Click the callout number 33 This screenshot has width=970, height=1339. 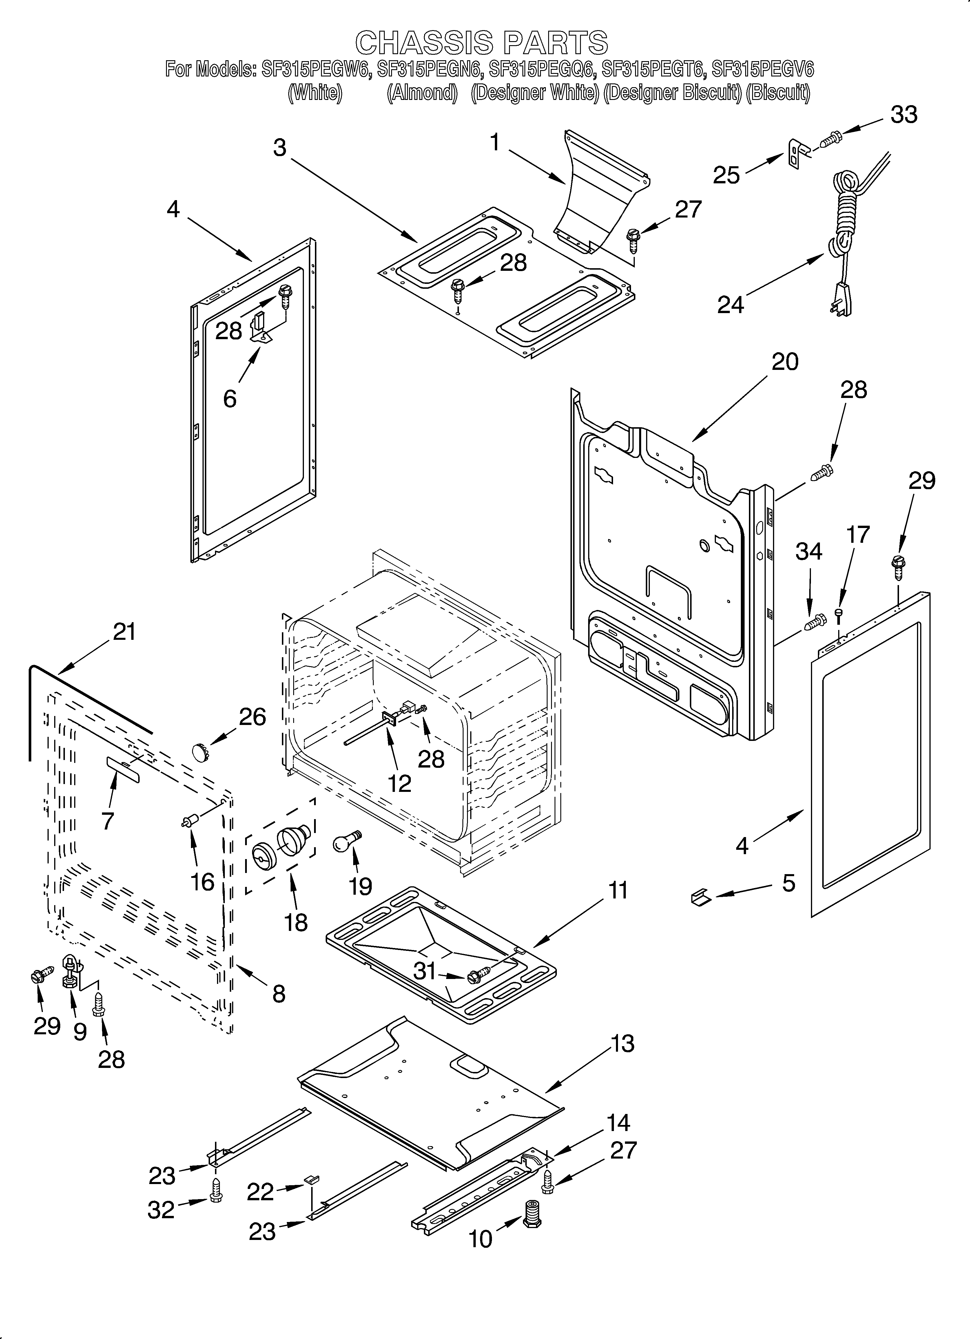pos(904,115)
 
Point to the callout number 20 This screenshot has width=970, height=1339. pos(785,361)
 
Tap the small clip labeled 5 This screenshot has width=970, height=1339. pos(699,898)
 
